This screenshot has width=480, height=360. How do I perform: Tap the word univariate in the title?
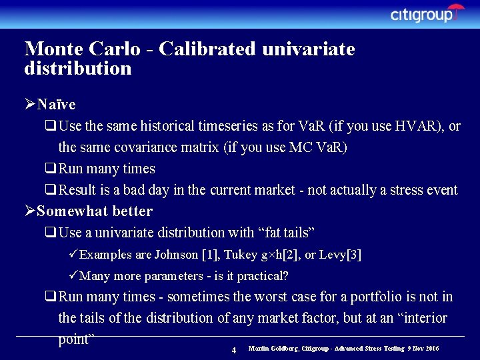(308, 49)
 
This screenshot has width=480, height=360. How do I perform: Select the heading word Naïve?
(57, 105)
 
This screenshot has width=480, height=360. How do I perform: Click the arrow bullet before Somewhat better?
(29, 211)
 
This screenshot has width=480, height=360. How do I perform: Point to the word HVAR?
(414, 126)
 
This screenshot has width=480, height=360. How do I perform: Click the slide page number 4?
(233, 350)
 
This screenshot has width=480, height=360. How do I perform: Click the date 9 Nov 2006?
(423, 349)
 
